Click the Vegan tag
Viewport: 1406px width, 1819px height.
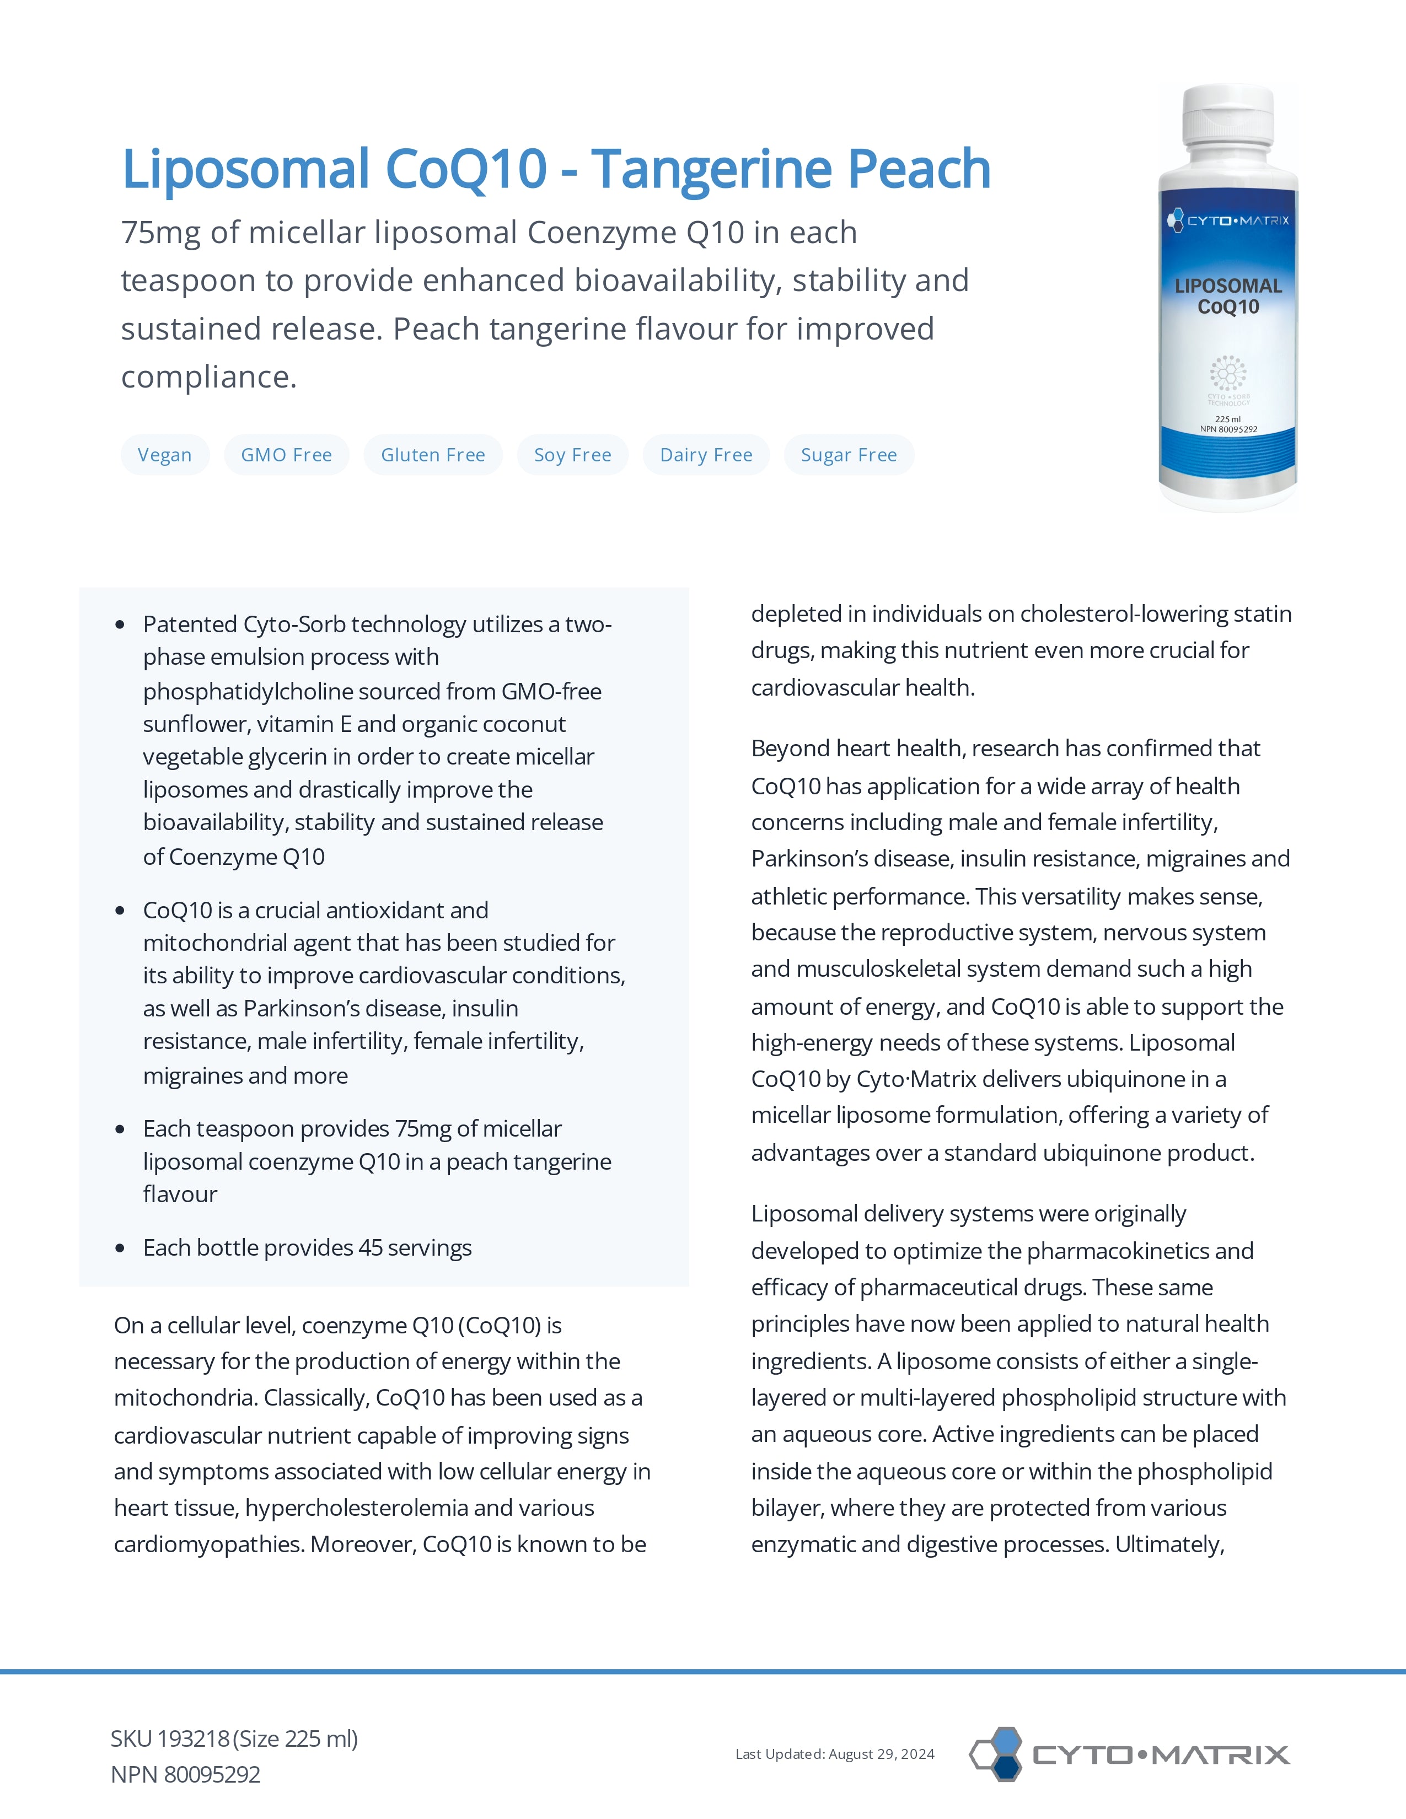(164, 455)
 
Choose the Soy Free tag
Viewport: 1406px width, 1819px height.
(572, 455)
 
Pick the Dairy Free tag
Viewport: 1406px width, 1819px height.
(706, 455)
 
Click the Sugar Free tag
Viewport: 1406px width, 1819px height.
(848, 455)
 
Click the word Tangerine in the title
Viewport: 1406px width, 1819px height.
(711, 169)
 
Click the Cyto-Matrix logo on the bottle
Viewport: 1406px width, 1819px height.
(1228, 220)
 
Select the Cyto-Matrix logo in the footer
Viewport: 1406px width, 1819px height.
(1129, 1754)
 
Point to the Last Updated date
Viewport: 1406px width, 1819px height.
(835, 1754)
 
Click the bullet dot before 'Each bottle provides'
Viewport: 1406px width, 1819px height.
(120, 1247)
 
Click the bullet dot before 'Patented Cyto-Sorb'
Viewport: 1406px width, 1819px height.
(120, 625)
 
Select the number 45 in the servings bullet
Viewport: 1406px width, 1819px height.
(370, 1247)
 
